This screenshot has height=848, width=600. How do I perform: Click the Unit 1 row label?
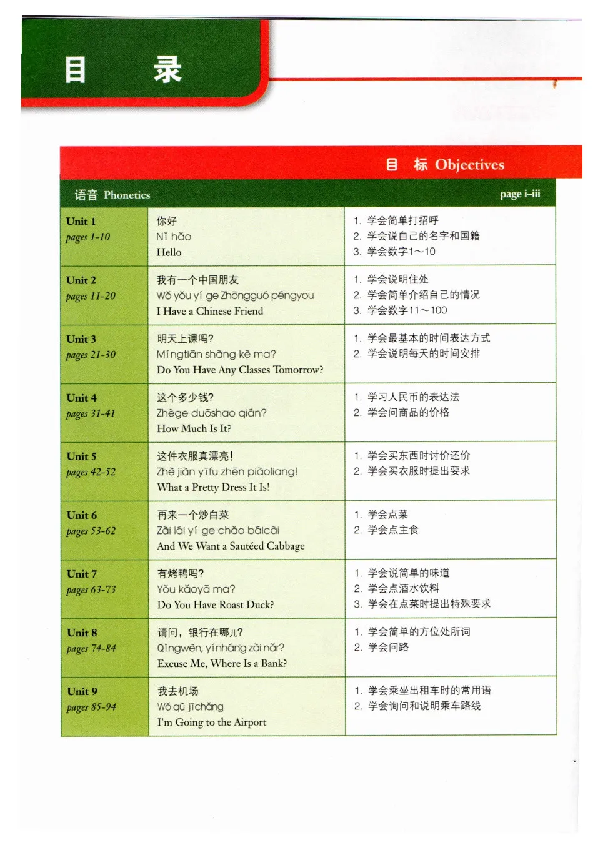(x=81, y=221)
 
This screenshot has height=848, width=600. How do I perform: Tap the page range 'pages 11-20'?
(x=91, y=296)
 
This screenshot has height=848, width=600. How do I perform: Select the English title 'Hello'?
(x=169, y=252)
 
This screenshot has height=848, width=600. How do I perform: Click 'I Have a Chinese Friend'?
(x=210, y=311)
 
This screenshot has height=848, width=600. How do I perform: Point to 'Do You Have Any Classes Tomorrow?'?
(x=240, y=370)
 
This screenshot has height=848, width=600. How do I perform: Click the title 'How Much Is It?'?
(x=194, y=428)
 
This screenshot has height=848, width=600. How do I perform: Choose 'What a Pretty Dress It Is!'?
(x=213, y=487)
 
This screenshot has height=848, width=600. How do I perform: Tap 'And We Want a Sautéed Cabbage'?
(x=231, y=546)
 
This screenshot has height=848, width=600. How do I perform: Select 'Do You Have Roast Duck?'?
(x=216, y=604)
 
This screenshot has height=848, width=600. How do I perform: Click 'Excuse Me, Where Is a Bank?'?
(x=222, y=663)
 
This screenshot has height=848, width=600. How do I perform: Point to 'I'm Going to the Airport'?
(x=211, y=722)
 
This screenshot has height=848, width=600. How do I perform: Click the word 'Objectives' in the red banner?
(x=469, y=165)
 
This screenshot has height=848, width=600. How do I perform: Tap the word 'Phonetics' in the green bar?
(x=127, y=195)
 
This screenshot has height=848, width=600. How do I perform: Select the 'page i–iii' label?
(x=520, y=194)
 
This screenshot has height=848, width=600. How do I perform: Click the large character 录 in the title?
(x=167, y=69)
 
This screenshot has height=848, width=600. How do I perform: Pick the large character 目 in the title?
(x=76, y=69)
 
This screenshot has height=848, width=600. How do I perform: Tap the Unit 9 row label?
(x=82, y=691)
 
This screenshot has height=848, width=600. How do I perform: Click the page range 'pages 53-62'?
(x=91, y=531)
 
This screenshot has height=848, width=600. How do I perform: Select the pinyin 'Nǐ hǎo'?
(x=174, y=237)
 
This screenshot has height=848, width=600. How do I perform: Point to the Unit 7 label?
(x=81, y=574)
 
